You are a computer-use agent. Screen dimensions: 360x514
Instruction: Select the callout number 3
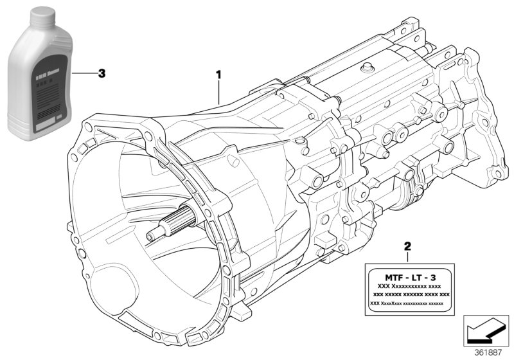tap(102, 73)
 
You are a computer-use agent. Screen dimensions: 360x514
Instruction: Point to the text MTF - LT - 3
tap(407, 274)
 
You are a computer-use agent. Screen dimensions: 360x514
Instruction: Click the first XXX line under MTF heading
tap(408, 285)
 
